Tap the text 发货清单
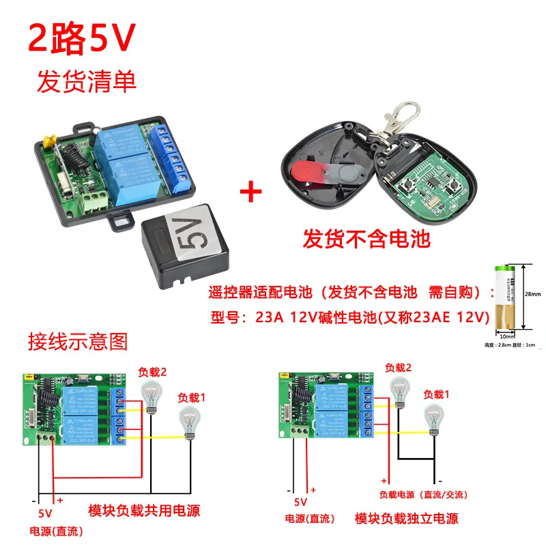87,81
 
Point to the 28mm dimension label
533,295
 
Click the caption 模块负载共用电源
145,510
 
